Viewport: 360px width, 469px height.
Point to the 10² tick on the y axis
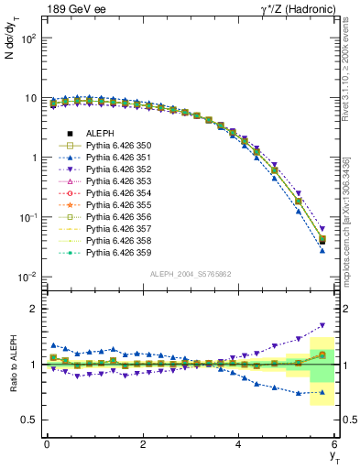tap(27, 38)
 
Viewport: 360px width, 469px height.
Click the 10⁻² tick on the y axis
tap(27, 277)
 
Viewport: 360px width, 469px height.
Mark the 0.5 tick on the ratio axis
tap(28, 420)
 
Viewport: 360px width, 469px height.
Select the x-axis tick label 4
tap(239, 443)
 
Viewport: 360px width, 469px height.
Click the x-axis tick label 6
tap(335, 443)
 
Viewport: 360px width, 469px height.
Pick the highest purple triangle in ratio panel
tap(322, 325)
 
